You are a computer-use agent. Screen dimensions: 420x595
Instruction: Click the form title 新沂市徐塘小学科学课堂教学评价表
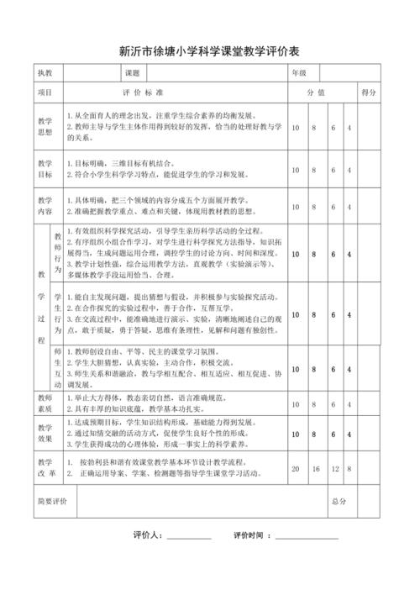[x=209, y=50]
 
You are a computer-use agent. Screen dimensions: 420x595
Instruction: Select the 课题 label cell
[x=133, y=74]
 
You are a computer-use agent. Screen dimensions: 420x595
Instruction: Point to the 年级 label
[x=300, y=74]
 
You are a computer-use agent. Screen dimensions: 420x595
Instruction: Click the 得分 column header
[x=368, y=92]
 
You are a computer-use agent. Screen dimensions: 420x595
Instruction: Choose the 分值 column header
[x=315, y=92]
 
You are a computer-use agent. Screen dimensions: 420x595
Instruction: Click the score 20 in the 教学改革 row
[x=295, y=468]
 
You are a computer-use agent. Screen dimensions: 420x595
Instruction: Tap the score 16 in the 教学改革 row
[x=314, y=468]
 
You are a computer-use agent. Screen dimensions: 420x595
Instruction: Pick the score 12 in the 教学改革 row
[x=333, y=468]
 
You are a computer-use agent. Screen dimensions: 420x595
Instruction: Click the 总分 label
[x=339, y=501]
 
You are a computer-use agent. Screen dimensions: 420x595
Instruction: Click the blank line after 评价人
[x=189, y=535]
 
